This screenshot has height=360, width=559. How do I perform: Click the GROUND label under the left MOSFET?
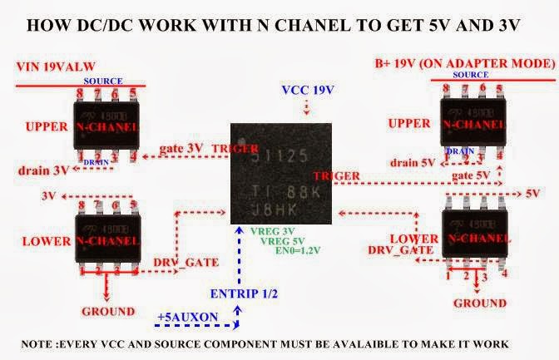point(107,312)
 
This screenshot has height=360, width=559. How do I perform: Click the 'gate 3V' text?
point(181,149)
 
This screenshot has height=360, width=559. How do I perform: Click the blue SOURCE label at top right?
point(472,74)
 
